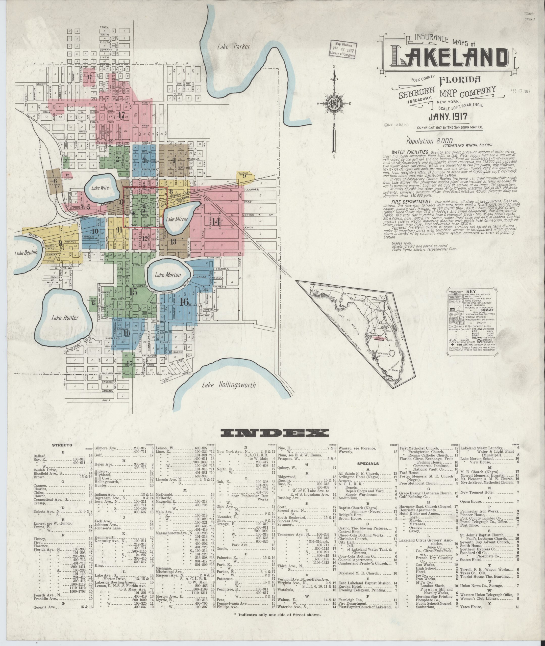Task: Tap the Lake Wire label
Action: coord(100,188)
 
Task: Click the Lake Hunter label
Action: coord(65,318)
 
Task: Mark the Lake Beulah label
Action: coord(26,253)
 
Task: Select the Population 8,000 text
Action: coord(425,141)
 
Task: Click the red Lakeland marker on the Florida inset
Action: coord(379,339)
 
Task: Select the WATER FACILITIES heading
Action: coord(409,152)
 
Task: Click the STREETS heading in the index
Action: coord(62,445)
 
